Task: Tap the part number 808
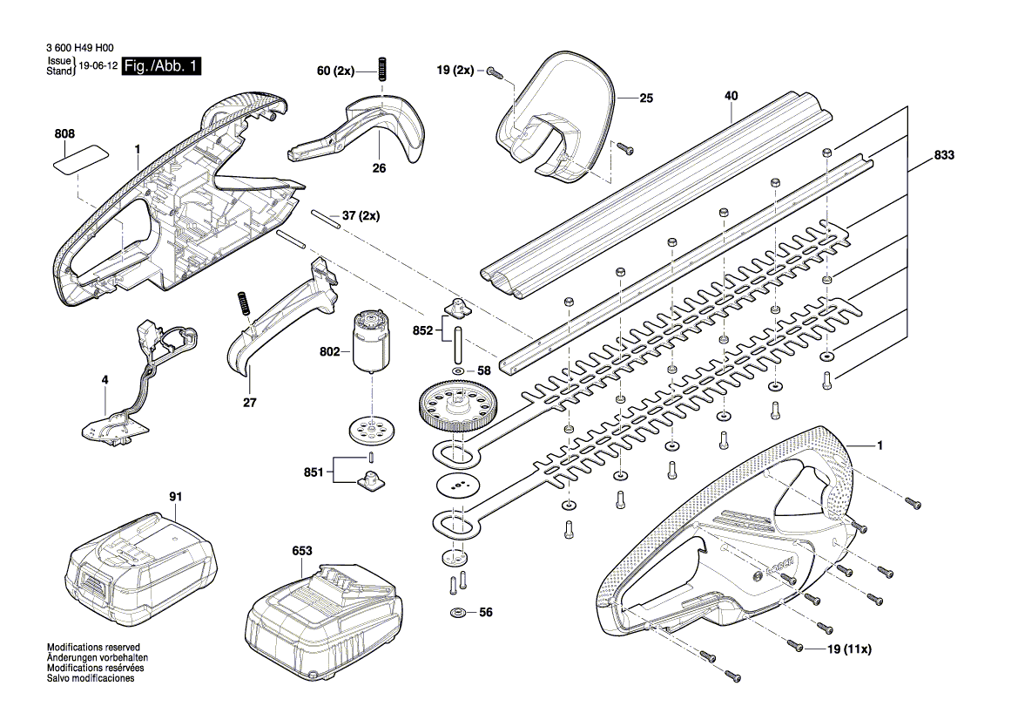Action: click(64, 134)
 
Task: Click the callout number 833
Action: click(944, 156)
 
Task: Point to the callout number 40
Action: click(731, 95)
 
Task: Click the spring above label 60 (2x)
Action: click(381, 68)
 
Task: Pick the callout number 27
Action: click(250, 403)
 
